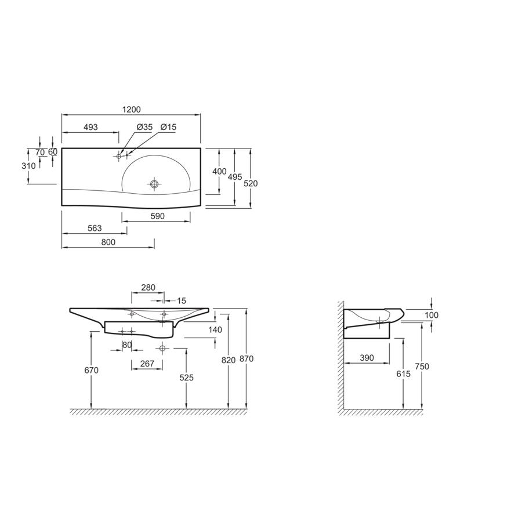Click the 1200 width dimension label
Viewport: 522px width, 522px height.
132,110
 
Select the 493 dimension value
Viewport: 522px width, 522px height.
90,127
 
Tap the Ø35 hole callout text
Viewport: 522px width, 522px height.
144,127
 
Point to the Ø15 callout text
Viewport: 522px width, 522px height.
168,127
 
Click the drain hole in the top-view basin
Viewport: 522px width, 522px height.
154,184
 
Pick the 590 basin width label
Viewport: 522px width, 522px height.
157,216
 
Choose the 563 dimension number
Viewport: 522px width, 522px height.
95,229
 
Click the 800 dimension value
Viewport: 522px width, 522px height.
108,242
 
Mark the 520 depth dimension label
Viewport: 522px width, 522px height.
251,183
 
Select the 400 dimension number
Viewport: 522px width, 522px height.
219,172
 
